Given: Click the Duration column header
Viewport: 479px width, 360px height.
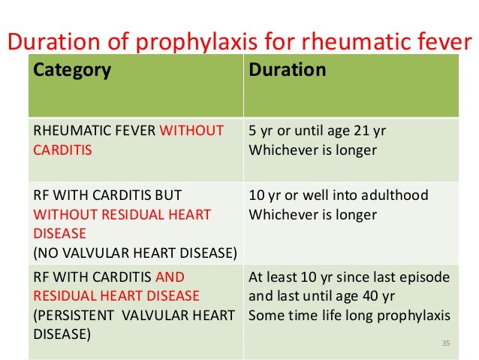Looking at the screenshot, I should tap(288, 71).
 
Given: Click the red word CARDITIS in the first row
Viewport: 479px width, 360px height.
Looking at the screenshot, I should tap(62, 150).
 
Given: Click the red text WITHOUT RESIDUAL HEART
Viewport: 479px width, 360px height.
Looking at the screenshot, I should tap(122, 215).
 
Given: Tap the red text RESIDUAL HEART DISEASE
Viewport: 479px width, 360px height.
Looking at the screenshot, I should tap(116, 295).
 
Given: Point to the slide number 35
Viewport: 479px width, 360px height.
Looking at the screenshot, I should tap(445, 343).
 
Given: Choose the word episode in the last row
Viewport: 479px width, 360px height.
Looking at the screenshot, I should tap(425, 277).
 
